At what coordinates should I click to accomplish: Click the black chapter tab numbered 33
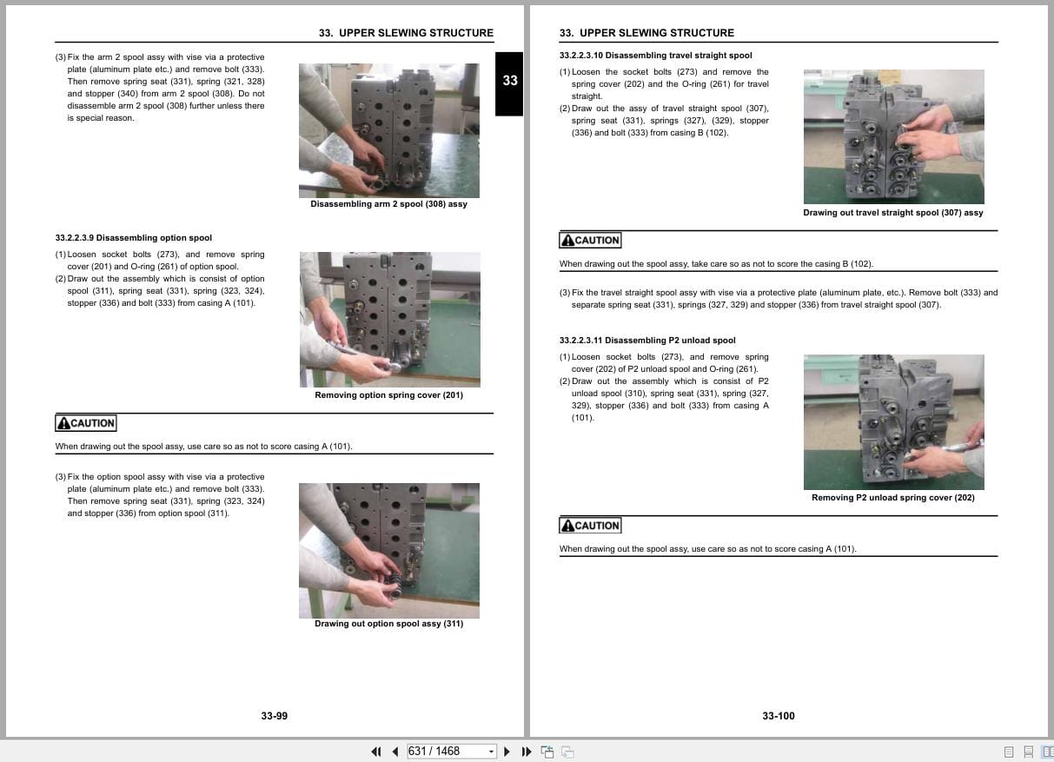(x=510, y=82)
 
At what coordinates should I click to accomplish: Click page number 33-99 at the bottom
(x=274, y=716)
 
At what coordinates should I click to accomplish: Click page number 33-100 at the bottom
(x=778, y=716)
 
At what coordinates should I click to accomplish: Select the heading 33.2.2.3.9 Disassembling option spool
(x=133, y=237)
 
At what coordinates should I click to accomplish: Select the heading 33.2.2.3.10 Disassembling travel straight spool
(x=655, y=55)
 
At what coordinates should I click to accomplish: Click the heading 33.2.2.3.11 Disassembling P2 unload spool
(x=647, y=341)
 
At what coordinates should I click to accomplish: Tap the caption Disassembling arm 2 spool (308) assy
(x=388, y=204)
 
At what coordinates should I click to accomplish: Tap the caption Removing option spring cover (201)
(x=388, y=395)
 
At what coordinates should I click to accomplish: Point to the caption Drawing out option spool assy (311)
(x=388, y=624)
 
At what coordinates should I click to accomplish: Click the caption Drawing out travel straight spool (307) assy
(x=892, y=213)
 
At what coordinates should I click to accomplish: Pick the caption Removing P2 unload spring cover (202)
(x=892, y=498)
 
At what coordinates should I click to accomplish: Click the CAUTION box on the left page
(x=85, y=423)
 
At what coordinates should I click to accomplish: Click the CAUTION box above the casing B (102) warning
(x=590, y=241)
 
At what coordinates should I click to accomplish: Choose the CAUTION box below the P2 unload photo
(x=590, y=526)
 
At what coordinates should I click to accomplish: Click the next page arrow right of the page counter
(x=507, y=752)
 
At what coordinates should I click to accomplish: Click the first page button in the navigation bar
(x=375, y=752)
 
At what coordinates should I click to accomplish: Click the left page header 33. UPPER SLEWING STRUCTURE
(x=406, y=33)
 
